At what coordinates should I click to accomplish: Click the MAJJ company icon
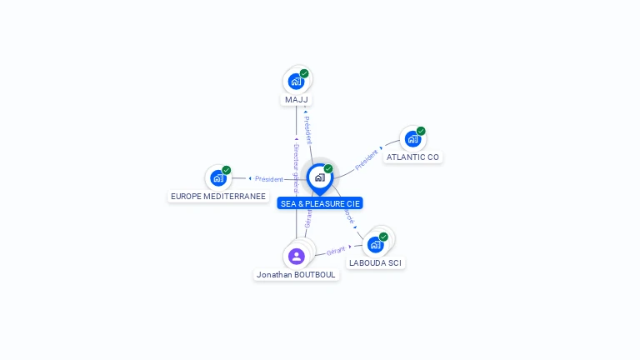click(295, 81)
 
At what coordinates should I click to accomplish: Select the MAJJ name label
click(296, 100)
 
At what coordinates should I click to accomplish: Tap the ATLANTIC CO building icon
click(412, 138)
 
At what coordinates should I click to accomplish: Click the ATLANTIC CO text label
click(412, 157)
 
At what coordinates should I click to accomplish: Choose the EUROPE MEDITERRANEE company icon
click(217, 177)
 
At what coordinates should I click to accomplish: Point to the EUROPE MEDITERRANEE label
click(218, 197)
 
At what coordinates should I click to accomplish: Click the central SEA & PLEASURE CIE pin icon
click(319, 177)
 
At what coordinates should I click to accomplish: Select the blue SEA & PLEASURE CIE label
click(321, 203)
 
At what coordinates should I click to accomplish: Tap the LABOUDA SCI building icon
click(375, 244)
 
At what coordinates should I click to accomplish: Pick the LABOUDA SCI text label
click(375, 262)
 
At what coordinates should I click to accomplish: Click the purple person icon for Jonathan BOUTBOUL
click(296, 256)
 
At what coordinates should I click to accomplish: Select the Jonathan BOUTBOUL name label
click(297, 274)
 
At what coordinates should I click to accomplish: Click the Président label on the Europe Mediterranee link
click(269, 179)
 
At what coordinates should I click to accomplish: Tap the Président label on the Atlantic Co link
click(366, 160)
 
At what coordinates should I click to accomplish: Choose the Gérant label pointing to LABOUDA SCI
click(336, 250)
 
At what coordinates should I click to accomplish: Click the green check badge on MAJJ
click(304, 73)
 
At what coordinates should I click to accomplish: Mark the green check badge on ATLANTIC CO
click(421, 131)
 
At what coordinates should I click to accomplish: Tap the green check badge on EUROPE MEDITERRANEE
click(227, 170)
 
